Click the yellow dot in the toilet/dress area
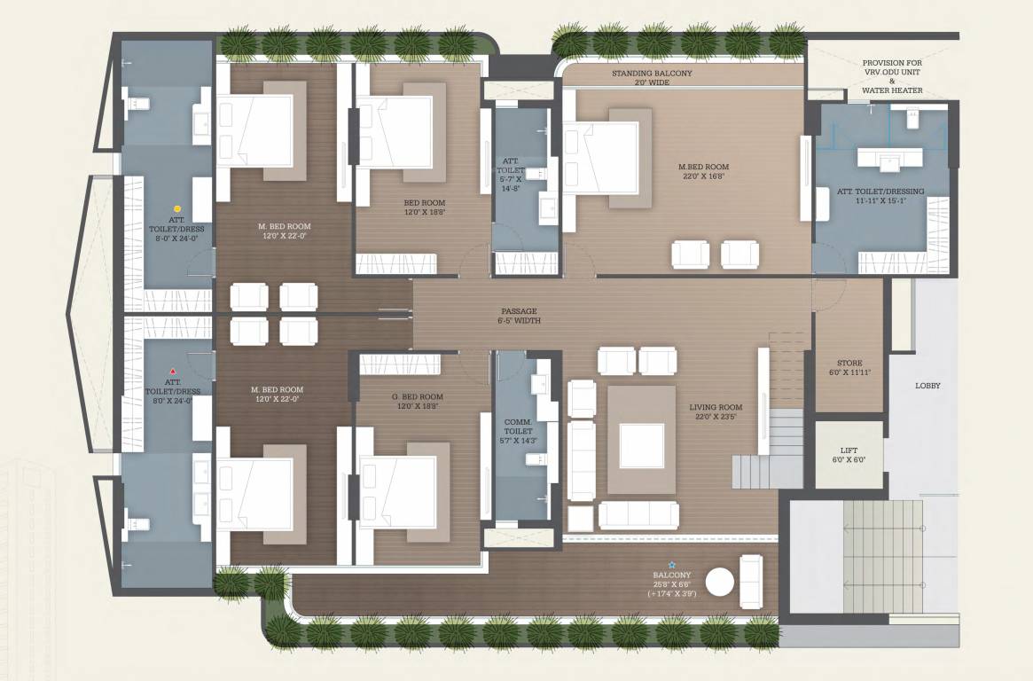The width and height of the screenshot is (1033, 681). tap(177, 208)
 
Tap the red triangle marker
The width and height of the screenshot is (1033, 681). tap(173, 372)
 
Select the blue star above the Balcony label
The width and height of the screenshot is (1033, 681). tap(672, 565)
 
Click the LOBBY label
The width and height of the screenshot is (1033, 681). tap(927, 386)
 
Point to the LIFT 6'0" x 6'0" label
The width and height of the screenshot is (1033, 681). tap(849, 455)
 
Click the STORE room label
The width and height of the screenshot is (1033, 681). tap(849, 368)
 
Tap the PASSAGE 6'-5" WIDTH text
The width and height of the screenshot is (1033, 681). tap(520, 317)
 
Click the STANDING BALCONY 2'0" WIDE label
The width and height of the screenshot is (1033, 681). tap(652, 78)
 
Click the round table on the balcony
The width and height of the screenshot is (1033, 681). tap(719, 583)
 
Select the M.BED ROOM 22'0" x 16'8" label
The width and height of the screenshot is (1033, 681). tap(703, 171)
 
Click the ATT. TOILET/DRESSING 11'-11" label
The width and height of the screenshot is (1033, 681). tap(880, 196)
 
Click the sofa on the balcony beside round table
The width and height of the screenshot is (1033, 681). tap(750, 583)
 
